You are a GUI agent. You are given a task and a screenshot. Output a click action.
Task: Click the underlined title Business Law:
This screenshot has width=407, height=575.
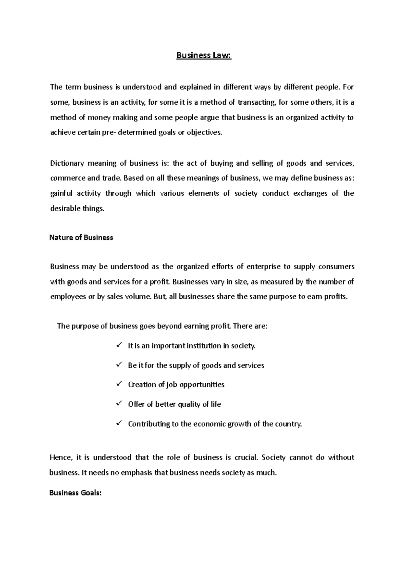(203, 56)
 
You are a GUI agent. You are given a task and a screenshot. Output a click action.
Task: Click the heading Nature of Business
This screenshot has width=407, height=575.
(81, 238)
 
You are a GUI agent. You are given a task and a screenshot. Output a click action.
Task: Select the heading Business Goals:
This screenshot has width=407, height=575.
(75, 493)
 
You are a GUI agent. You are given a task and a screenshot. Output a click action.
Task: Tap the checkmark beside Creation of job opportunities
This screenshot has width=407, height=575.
(119, 384)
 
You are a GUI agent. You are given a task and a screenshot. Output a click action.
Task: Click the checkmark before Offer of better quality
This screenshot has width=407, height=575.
(119, 404)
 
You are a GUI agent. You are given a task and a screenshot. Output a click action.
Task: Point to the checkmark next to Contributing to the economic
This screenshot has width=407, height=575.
(119, 423)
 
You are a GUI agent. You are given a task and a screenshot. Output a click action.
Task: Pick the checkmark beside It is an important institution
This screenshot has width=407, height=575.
(119, 345)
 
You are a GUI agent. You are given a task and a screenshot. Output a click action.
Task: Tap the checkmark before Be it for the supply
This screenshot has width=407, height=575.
(119, 365)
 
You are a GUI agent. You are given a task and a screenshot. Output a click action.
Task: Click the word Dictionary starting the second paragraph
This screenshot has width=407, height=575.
(67, 164)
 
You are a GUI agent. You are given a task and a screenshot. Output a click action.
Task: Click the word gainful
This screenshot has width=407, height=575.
(61, 193)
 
